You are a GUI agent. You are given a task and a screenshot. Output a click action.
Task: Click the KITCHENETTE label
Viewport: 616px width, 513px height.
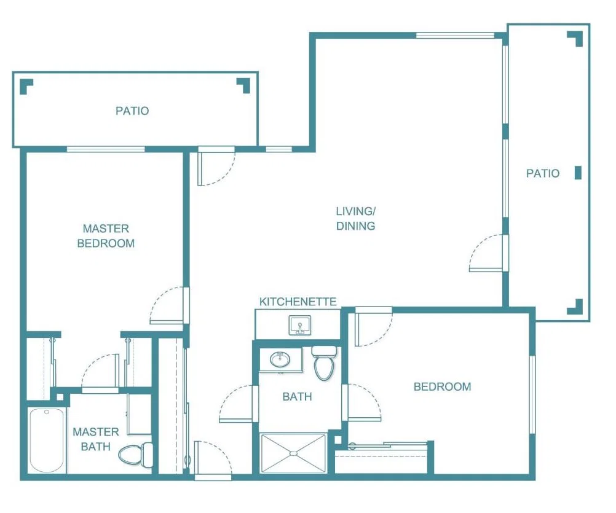[298, 302]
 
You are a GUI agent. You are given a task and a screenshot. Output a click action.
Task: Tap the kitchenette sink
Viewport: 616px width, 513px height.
[300, 325]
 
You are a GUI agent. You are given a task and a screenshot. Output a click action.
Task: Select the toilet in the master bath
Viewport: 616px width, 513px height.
[136, 455]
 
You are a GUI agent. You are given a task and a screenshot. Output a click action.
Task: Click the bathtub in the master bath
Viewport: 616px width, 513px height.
[47, 441]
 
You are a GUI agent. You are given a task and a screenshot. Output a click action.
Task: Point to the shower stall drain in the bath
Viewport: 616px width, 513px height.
[293, 453]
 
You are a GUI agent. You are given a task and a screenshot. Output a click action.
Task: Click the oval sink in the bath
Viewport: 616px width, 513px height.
[280, 359]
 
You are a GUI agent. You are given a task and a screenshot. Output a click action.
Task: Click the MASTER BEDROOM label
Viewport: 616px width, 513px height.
[106, 236]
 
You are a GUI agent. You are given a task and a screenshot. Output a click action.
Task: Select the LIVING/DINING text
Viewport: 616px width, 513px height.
[355, 218]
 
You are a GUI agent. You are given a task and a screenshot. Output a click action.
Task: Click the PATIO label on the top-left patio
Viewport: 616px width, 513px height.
[132, 111]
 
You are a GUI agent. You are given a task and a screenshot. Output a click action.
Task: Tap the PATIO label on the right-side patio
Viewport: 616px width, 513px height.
[543, 173]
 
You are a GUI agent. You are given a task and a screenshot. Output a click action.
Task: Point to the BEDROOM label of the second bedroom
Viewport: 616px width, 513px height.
[443, 386]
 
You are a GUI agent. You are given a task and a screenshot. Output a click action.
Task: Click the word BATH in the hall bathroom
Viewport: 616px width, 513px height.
[297, 396]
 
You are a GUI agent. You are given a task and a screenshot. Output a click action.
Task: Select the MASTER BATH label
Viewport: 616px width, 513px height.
[96, 439]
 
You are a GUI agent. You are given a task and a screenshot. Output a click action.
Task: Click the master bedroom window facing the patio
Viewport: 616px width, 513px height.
[106, 149]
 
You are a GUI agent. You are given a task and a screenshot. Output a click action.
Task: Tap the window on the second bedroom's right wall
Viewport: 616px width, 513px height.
[532, 394]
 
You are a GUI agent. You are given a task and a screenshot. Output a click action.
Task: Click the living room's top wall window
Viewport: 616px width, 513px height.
[455, 35]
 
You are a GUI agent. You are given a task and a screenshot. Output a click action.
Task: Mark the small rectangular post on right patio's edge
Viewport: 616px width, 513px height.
[578, 173]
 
